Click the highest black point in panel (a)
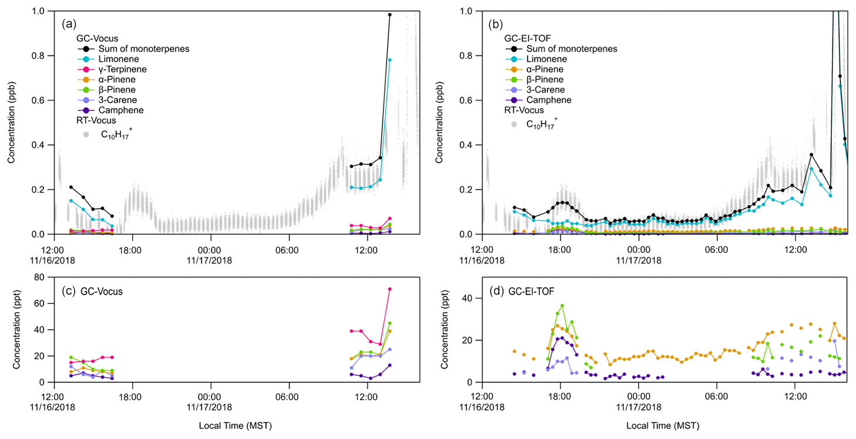[390, 15]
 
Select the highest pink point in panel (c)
[390, 289]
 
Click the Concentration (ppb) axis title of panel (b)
[438, 122]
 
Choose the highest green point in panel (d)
[562, 305]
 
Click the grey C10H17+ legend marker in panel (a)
[86, 134]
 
